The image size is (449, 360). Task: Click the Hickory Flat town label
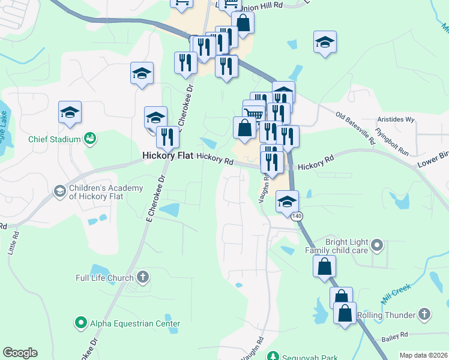(167, 155)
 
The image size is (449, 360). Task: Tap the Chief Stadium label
(54, 140)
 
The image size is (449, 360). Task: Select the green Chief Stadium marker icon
(91, 139)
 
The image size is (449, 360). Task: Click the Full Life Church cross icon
(142, 277)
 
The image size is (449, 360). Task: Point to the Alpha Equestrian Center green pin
(81, 323)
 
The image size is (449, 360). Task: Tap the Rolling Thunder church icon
(424, 314)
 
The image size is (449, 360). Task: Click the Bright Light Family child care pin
(377, 245)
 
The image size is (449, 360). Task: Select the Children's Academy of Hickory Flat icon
(59, 191)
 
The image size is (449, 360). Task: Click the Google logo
(20, 353)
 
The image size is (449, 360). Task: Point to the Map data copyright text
(423, 355)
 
